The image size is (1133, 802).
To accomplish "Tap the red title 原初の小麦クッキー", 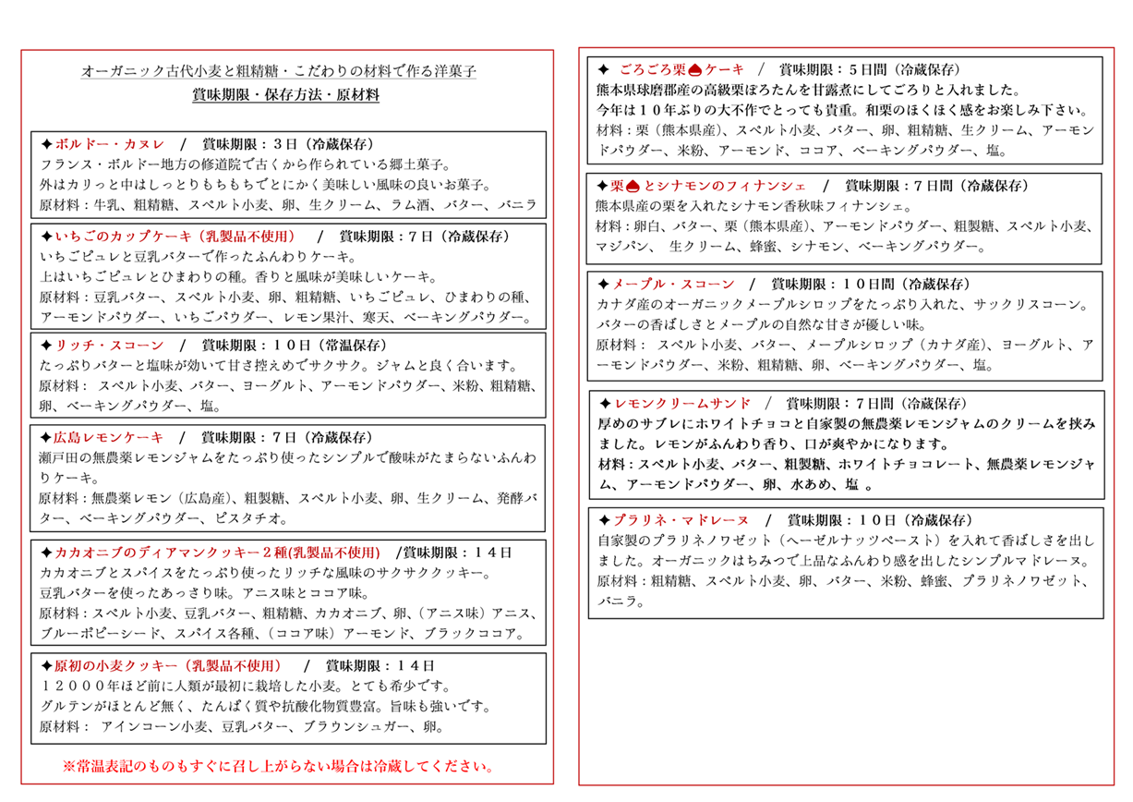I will [109, 665].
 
